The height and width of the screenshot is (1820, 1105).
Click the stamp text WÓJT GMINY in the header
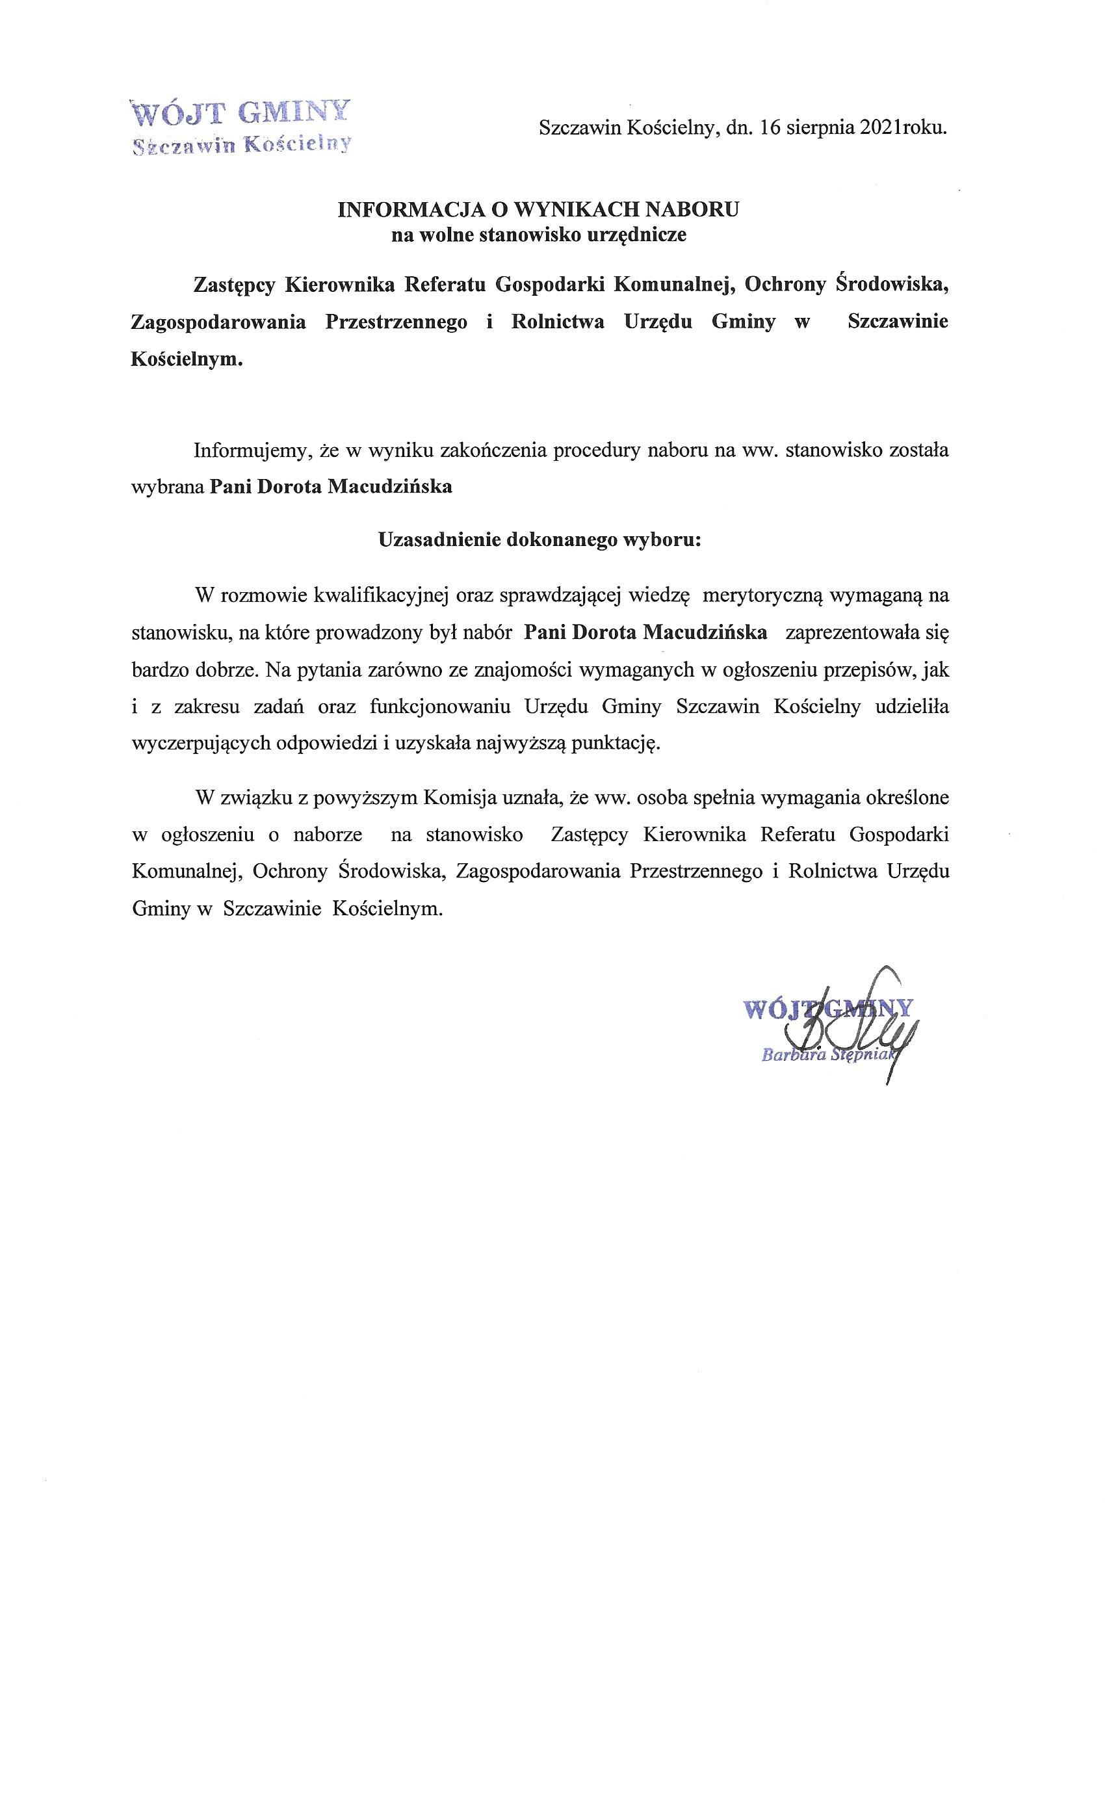click(x=239, y=113)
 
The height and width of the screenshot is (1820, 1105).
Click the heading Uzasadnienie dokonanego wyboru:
click(x=539, y=539)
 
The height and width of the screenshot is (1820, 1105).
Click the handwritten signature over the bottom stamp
click(x=864, y=1023)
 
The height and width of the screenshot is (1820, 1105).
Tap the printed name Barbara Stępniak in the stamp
click(x=827, y=1055)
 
